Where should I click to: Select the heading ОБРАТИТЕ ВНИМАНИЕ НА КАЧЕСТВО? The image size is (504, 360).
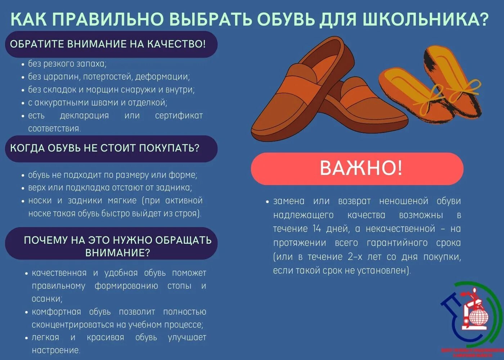tap(108, 44)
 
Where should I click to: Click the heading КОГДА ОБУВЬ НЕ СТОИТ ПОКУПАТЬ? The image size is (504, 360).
tap(105, 148)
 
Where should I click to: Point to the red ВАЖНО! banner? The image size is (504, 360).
tap(357, 168)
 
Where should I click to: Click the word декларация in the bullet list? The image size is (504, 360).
tap(84, 116)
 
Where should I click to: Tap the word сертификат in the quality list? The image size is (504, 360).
tap(179, 116)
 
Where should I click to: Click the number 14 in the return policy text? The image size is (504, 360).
tap(316, 229)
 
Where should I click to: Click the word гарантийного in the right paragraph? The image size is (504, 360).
tap(397, 243)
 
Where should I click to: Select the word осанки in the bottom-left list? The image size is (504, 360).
tap(46, 299)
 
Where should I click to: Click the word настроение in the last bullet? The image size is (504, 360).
tap(55, 350)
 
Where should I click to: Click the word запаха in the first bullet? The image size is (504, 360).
tap(90, 64)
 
